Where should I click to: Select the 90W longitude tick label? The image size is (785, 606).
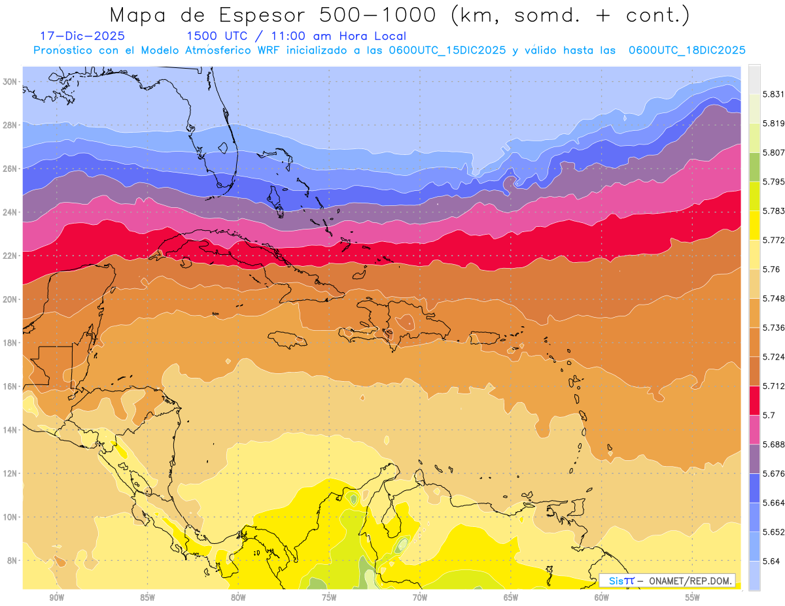tap(56, 598)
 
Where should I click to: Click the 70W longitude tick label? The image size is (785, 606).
tap(420, 598)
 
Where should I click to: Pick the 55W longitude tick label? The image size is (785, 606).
tap(692, 598)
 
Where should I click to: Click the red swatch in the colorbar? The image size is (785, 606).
tap(755, 399)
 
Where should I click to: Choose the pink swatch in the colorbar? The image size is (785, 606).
tap(755, 429)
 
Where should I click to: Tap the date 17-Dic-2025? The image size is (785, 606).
tap(82, 36)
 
